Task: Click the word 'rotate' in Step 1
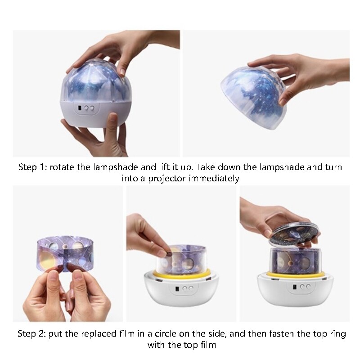pyautogui.click(x=61, y=167)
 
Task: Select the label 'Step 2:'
pyautogui.click(x=32, y=334)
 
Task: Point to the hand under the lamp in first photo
pyautogui.click(x=97, y=135)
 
